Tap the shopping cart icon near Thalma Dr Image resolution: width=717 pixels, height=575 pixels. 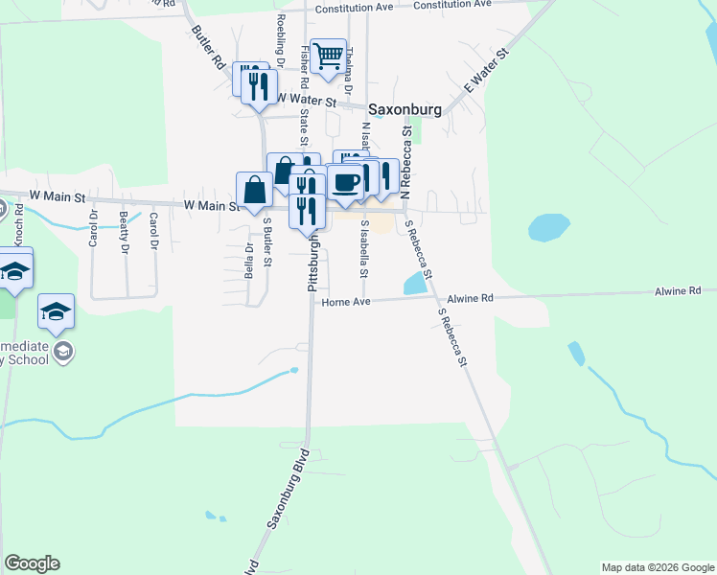[328, 57]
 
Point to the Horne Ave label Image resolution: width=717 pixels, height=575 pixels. [345, 302]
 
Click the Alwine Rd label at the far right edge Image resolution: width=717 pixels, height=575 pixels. [679, 290]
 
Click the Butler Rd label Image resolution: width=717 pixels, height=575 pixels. [207, 46]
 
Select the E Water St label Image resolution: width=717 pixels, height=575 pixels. [485, 73]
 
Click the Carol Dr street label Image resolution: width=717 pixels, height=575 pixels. [152, 230]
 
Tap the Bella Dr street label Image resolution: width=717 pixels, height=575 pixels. [248, 259]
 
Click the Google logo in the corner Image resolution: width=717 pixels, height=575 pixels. [32, 563]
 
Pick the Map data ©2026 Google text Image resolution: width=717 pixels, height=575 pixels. [658, 567]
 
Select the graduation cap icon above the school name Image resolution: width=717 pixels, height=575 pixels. [57, 311]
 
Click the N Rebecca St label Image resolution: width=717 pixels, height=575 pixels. [405, 163]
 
